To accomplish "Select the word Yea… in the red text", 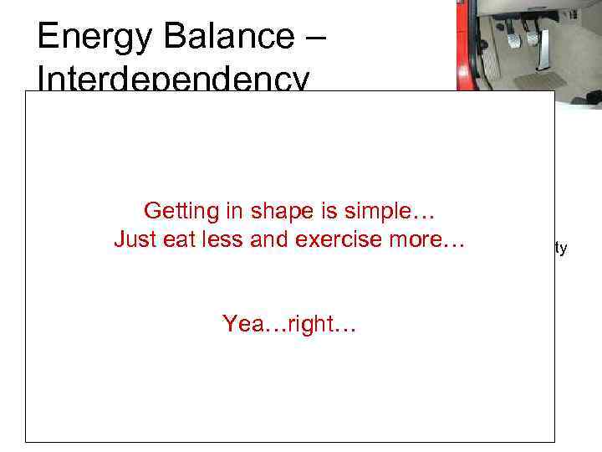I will pyautogui.click(x=248, y=324).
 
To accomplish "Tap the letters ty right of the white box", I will pyautogui.click(x=561, y=248).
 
